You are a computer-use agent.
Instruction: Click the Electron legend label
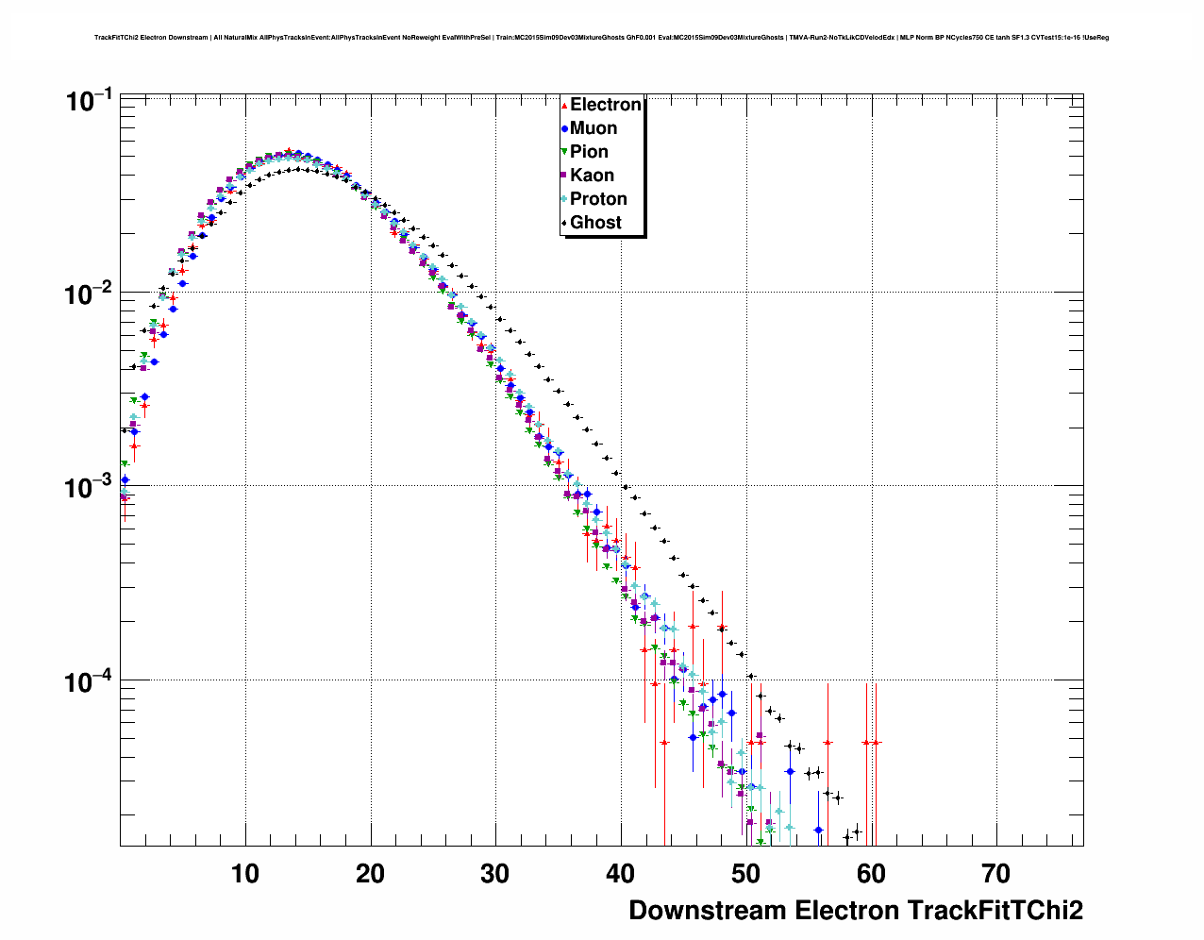pos(606,105)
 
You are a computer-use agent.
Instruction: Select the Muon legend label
pos(594,128)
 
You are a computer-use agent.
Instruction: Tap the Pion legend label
pos(589,152)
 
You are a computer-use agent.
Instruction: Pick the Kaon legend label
pos(592,176)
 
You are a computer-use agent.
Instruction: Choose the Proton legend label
pos(598,199)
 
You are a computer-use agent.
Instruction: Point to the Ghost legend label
pos(595,223)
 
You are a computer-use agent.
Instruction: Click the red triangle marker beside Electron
pos(564,105)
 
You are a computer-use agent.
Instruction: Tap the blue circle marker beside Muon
pos(564,128)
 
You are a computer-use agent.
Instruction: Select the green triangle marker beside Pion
pos(564,152)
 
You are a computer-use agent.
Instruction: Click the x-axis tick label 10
pos(245,874)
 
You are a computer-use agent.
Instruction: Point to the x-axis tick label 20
pos(371,874)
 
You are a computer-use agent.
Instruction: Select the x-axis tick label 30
pos(495,874)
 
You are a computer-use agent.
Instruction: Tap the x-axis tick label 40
pos(621,874)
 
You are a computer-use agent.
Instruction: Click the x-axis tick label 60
pos(871,874)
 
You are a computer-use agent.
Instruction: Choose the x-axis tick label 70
pos(996,874)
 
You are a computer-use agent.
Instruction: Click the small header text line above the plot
pos(601,38)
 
